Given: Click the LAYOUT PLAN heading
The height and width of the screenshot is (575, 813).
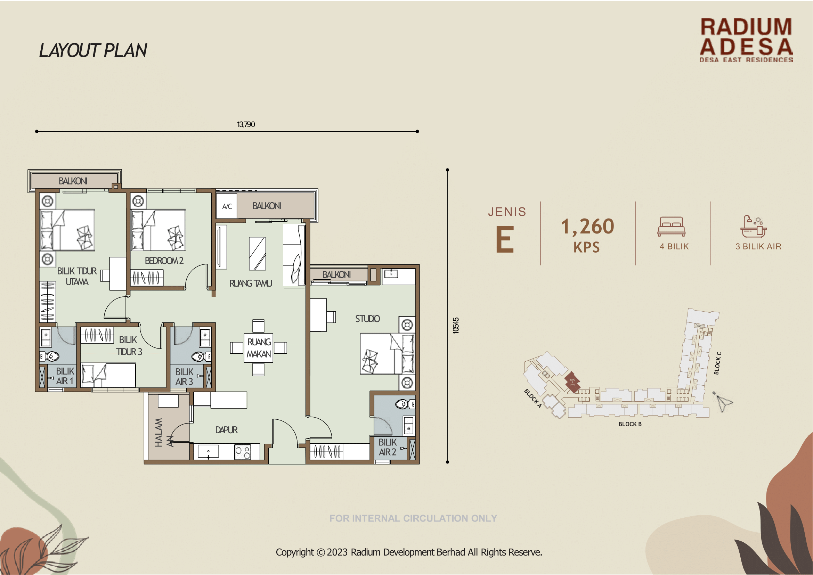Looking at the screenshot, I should [93, 51].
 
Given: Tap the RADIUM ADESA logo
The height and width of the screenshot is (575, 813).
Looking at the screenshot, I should [746, 40].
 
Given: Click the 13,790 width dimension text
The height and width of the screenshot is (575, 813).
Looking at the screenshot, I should [246, 125].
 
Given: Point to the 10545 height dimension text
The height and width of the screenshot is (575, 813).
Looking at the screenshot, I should [456, 326].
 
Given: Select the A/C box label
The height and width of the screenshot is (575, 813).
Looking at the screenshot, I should [227, 206].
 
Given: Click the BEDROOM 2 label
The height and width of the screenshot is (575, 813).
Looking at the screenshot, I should [164, 261].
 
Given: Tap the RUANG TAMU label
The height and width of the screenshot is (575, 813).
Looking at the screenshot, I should [251, 284].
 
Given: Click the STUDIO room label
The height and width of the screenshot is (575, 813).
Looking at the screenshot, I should [367, 319].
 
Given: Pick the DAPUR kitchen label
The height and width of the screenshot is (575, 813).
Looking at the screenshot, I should [226, 430].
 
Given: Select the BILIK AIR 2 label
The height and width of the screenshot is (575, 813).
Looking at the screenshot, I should [388, 447].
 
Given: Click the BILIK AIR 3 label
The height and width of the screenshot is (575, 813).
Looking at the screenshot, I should [184, 377].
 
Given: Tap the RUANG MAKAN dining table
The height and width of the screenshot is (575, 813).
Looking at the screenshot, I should [259, 348].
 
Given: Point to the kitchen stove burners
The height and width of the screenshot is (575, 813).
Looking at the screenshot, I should [243, 452].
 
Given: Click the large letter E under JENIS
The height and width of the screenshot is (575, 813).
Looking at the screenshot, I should [505, 240].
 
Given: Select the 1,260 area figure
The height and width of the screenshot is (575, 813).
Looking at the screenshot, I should [588, 227].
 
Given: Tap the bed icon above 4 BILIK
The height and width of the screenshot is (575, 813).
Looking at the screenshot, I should [671, 227].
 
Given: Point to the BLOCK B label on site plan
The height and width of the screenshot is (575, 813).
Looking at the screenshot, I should [630, 424].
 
